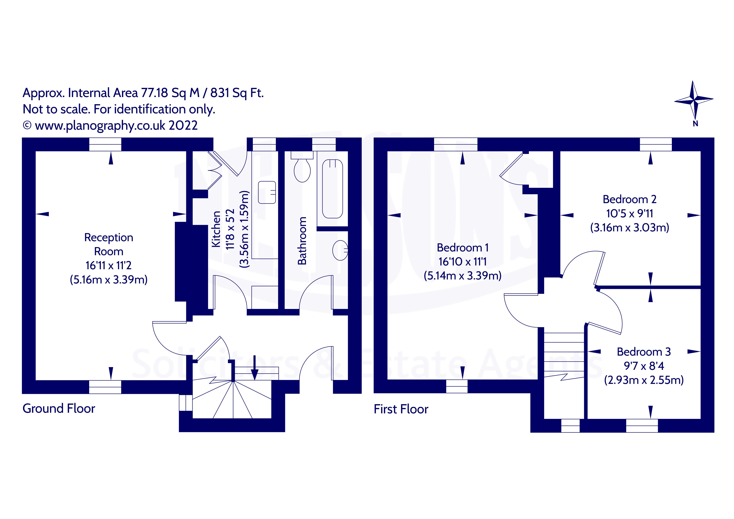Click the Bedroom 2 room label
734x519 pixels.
[x=629, y=199]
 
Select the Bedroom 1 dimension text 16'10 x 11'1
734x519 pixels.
[x=462, y=262]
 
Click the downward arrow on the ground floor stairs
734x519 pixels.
[x=255, y=368]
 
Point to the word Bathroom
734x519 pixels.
[x=302, y=241]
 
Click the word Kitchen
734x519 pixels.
[x=216, y=229]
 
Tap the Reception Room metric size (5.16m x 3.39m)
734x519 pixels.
[x=109, y=280]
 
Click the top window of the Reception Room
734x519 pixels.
[x=105, y=145]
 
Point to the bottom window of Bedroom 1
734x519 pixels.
[x=456, y=386]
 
